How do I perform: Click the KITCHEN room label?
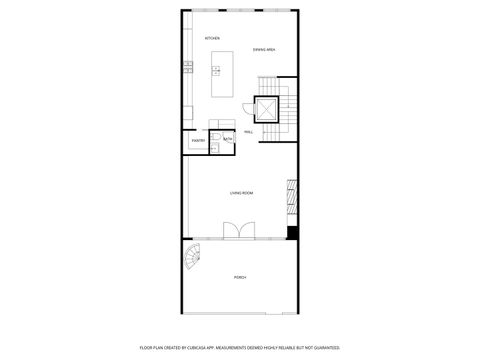[212, 39]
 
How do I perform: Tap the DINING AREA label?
[264, 49]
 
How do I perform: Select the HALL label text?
[247, 131]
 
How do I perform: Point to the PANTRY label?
[197, 141]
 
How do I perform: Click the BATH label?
[227, 138]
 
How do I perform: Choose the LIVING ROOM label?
[240, 192]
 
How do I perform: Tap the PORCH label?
[240, 277]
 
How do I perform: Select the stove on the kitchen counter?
[187, 67]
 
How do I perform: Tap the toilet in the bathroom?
[214, 136]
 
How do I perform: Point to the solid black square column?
[292, 233]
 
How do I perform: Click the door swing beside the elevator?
[247, 107]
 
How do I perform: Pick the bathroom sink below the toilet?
[214, 146]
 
